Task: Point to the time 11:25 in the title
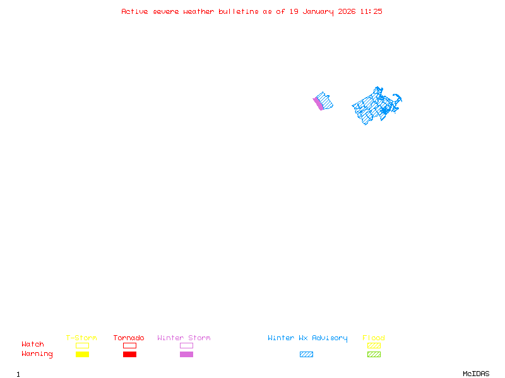(x=371, y=11)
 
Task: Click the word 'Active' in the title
(x=134, y=11)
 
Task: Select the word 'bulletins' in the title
(x=238, y=11)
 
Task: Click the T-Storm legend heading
(x=81, y=338)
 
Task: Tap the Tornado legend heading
(x=129, y=338)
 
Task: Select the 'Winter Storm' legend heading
(x=184, y=338)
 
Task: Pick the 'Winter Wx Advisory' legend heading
(x=307, y=338)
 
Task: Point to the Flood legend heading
(x=374, y=338)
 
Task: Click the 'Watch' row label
(x=33, y=345)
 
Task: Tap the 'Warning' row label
(x=37, y=354)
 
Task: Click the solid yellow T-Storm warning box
(x=82, y=355)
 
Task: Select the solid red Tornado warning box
(x=129, y=355)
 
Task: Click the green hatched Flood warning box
(x=374, y=355)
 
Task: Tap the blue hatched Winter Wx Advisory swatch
(x=306, y=355)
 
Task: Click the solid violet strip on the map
(x=318, y=104)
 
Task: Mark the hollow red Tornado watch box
(x=129, y=346)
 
